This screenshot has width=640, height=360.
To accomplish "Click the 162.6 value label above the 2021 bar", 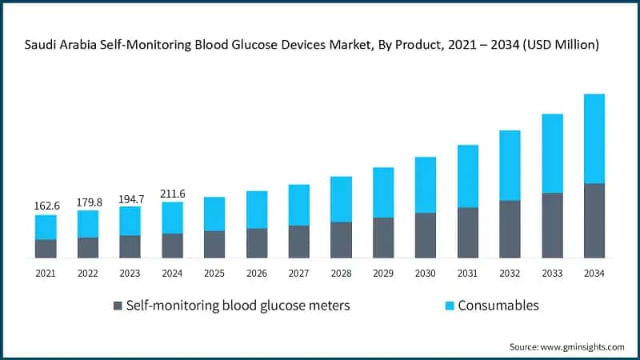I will pyautogui.click(x=46, y=206).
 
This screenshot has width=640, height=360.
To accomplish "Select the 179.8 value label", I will pyautogui.click(x=88, y=202).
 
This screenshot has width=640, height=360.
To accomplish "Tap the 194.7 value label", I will pyautogui.click(x=130, y=198).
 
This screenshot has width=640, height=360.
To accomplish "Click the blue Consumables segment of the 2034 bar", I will pyautogui.click(x=594, y=138).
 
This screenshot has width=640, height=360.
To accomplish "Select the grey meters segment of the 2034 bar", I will pyautogui.click(x=594, y=221).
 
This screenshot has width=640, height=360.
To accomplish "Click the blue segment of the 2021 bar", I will pyautogui.click(x=46, y=227).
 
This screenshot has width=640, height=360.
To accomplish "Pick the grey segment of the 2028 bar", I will pyautogui.click(x=341, y=240).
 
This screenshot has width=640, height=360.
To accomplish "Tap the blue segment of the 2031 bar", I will pyautogui.click(x=467, y=176).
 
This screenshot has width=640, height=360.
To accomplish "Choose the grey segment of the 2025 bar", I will pyautogui.click(x=214, y=245).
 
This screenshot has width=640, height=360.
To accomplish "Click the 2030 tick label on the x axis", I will pyautogui.click(x=425, y=274).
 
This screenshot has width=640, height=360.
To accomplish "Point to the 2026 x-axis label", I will pyautogui.click(x=256, y=274).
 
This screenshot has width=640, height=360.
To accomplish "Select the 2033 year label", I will pyautogui.click(x=551, y=274).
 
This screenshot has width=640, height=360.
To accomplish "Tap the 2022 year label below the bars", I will pyautogui.click(x=88, y=274).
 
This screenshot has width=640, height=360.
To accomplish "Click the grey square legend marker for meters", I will pyautogui.click(x=118, y=306).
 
